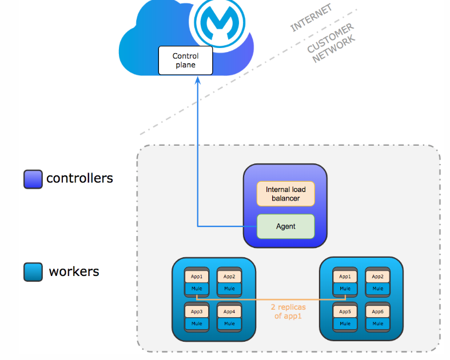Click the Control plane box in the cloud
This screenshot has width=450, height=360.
click(185, 61)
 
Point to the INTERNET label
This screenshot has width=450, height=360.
click(311, 18)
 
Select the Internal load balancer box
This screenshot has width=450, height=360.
click(285, 194)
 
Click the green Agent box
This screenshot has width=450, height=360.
click(285, 226)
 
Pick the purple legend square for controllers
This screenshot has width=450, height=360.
click(33, 179)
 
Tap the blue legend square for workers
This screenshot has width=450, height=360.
click(33, 271)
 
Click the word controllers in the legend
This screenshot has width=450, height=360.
click(79, 178)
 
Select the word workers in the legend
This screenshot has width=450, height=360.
click(74, 271)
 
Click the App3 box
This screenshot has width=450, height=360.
click(196, 311)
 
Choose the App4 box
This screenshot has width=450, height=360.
click(229, 311)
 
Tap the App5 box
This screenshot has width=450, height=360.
click(345, 311)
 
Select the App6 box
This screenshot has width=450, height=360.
click(378, 311)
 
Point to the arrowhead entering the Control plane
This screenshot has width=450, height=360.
click(198, 79)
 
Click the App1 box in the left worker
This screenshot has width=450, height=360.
click(196, 277)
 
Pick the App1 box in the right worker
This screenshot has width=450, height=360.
click(345, 277)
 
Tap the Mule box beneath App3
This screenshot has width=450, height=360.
click(196, 323)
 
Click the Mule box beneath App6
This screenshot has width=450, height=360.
click(378, 323)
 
